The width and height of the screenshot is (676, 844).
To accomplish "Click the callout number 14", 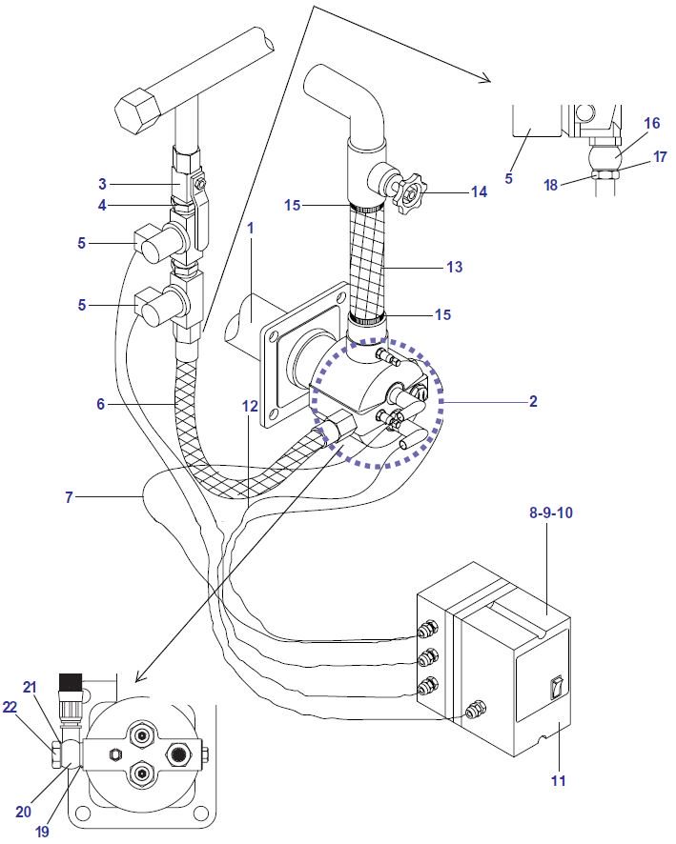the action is [479, 191].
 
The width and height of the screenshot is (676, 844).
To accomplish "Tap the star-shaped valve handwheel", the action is [409, 192].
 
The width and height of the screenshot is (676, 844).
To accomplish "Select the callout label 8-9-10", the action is [550, 512].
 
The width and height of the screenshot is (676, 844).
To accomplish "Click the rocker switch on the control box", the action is [557, 688].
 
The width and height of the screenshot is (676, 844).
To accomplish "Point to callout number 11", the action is [559, 780].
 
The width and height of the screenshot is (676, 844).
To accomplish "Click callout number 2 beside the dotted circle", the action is [533, 401].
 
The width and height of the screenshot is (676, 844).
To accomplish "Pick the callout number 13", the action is [454, 267].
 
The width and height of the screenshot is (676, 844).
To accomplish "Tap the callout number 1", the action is [251, 229].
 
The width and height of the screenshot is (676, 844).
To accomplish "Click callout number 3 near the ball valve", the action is [102, 184].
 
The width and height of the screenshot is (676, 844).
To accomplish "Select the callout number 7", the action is [69, 497].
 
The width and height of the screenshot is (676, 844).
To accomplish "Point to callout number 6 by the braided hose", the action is [101, 404].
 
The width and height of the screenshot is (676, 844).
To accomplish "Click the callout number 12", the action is [250, 406].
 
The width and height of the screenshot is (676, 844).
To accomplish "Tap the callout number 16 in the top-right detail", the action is [652, 123].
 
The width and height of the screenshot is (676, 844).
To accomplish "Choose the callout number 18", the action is [550, 185].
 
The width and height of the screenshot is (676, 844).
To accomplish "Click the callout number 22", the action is [10, 707].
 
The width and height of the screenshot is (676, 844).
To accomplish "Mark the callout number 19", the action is [42, 832].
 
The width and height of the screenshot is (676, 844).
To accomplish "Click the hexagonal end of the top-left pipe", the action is [138, 111].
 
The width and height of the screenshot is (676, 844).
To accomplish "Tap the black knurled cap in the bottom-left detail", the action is [69, 682].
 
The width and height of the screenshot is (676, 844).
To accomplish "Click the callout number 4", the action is [102, 205].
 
